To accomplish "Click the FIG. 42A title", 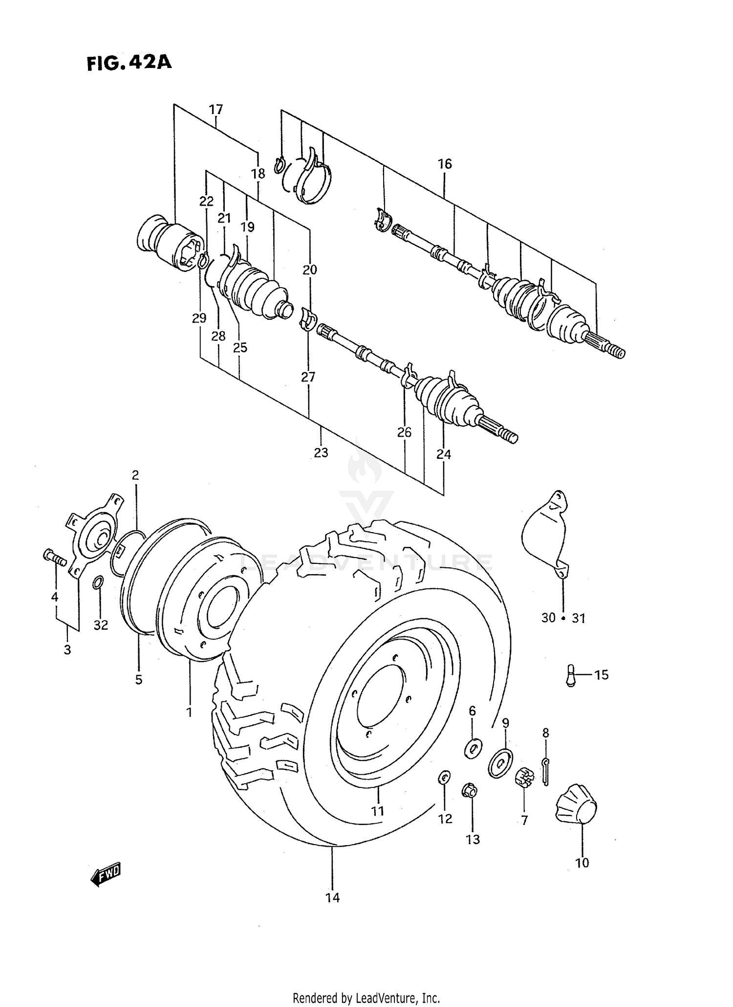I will (129, 63).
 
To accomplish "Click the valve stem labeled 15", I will (570, 675).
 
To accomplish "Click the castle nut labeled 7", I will (523, 777).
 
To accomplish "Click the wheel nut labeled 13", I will (470, 791).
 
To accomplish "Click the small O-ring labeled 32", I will (98, 582).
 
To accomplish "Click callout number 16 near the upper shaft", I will (445, 164).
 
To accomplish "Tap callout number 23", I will (321, 452).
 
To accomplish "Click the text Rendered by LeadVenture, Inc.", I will (366, 997).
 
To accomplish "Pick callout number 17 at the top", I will (216, 109).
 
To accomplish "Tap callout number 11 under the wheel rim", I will (377, 811).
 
